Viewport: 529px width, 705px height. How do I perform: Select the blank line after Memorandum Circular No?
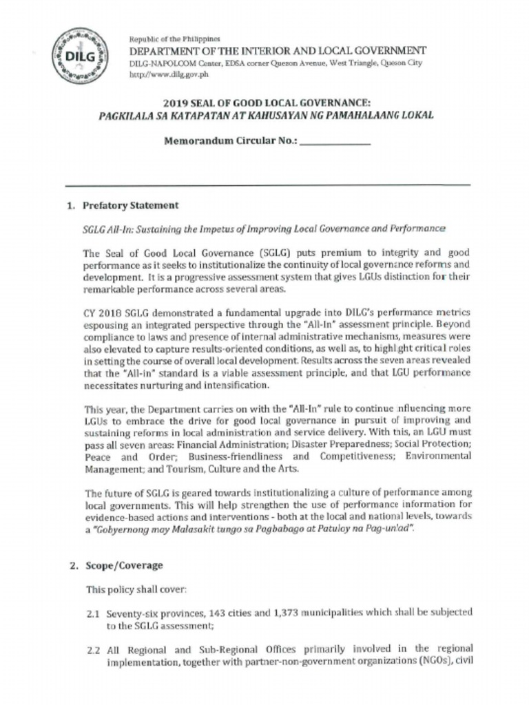335,144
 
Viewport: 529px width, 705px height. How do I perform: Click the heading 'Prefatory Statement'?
131,205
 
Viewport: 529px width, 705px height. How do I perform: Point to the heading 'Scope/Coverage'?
123,565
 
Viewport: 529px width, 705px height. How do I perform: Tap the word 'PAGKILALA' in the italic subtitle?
127,116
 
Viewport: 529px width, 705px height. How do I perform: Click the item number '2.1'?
94,612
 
